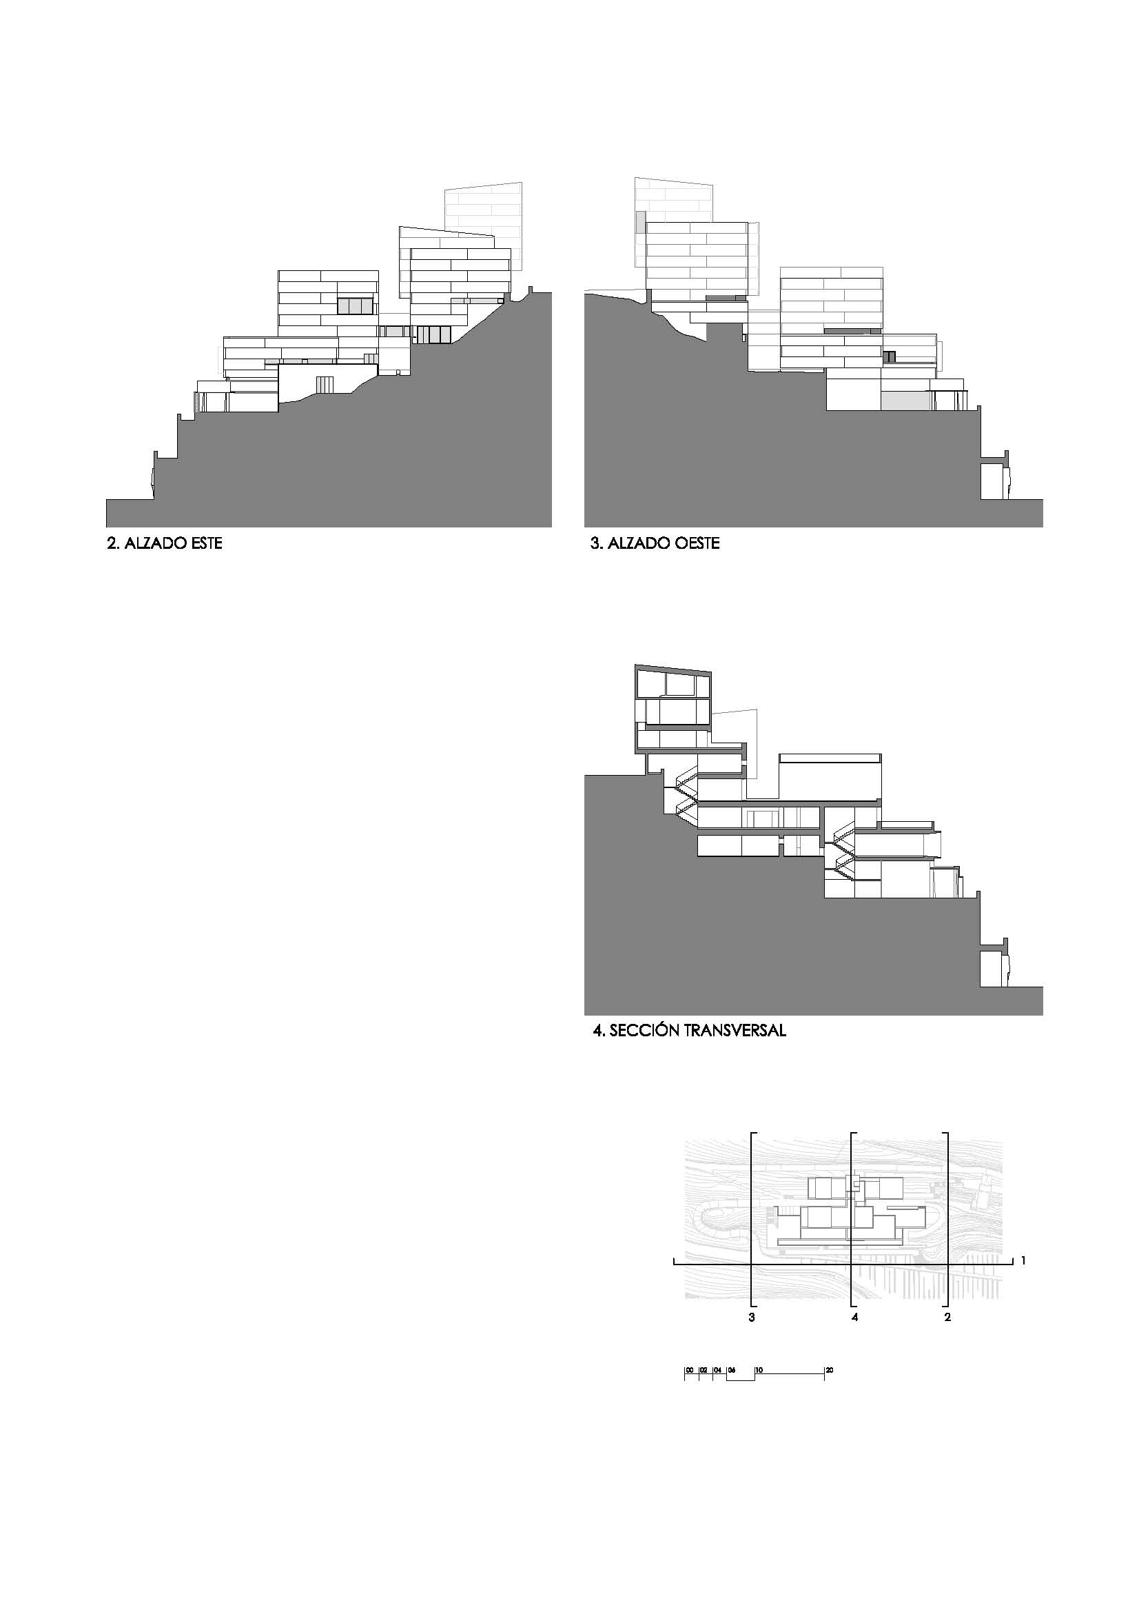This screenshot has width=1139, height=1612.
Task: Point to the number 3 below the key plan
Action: (x=752, y=1317)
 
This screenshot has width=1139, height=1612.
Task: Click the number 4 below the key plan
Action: (x=854, y=1317)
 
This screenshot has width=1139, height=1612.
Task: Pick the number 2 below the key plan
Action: (x=947, y=1317)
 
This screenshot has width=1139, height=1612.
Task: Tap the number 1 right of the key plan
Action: (x=1024, y=1261)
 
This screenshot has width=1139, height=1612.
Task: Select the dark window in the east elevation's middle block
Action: (x=353, y=306)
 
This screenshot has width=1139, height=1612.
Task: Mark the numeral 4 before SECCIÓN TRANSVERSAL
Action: (x=598, y=1031)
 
